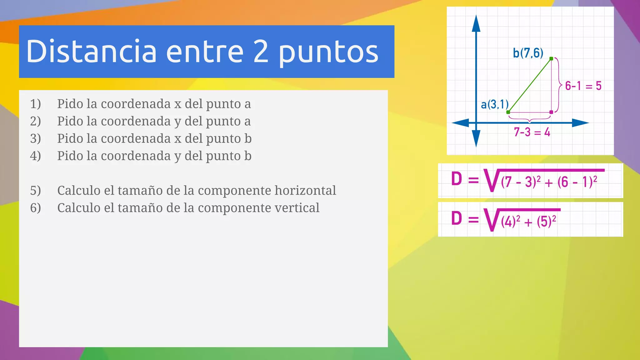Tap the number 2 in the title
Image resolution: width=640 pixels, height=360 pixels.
tap(261, 51)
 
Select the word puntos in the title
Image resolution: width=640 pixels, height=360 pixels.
tap(328, 53)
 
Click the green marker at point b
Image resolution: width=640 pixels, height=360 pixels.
tap(551, 59)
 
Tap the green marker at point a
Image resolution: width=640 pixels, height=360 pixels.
tap(508, 112)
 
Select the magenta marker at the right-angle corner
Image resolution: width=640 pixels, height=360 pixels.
tap(551, 112)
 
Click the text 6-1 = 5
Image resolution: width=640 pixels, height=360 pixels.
tap(583, 86)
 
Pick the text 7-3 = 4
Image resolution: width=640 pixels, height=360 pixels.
tap(532, 132)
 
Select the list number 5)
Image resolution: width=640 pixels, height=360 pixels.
tap(35, 191)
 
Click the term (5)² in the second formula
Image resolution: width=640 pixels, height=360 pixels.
tap(547, 221)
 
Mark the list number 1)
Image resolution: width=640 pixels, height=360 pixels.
tap(35, 104)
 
